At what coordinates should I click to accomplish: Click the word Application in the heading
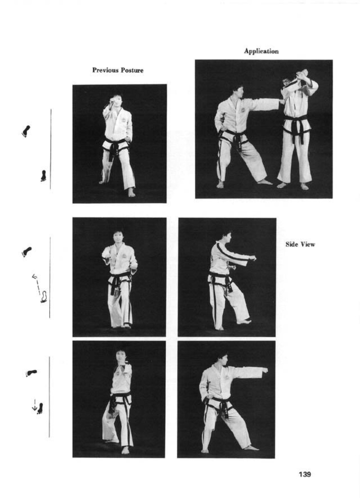tap(261, 51)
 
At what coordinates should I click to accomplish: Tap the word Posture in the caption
tap(132, 70)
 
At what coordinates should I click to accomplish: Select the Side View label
tap(300, 244)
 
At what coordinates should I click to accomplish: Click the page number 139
tap(305, 475)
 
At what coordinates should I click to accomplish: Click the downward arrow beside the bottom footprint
tap(35, 405)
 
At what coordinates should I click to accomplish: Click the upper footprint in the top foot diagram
tap(26, 131)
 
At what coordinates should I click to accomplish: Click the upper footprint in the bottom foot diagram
tap(31, 373)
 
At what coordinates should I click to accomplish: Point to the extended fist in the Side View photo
tap(253, 258)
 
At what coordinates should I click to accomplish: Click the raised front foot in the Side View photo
tap(244, 321)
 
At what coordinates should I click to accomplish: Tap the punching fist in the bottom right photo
tap(264, 370)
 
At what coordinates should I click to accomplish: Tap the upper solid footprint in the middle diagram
tap(27, 252)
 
